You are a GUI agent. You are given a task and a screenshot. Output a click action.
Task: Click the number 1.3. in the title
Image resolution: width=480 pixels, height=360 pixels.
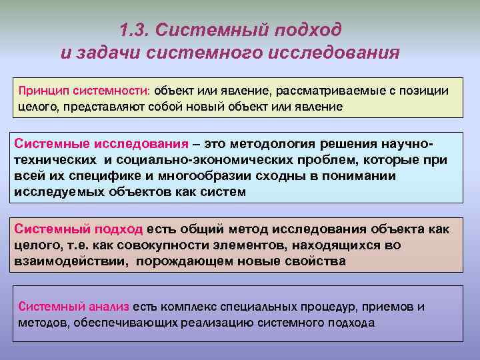(x=136, y=30)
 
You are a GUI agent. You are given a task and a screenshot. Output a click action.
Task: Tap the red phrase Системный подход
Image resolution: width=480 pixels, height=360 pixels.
(x=79, y=229)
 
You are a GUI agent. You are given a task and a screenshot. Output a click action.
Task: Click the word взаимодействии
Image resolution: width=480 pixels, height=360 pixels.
(x=71, y=261)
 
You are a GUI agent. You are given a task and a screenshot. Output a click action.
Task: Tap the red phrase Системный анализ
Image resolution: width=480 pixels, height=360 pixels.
(x=73, y=307)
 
